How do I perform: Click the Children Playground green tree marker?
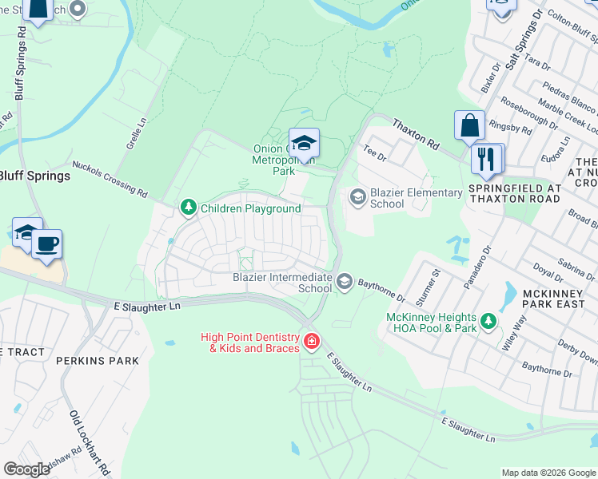click(189, 208)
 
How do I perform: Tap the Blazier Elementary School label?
click(416, 198)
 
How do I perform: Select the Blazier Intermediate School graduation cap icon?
click(345, 280)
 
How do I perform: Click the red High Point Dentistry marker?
click(311, 343)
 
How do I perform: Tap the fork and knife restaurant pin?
click(485, 159)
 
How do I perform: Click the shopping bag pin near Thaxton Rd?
click(469, 126)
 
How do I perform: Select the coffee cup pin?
click(47, 243)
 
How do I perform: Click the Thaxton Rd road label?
click(416, 134)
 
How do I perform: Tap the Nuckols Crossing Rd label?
click(110, 179)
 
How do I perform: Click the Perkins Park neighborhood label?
click(98, 361)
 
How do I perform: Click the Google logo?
click(27, 469)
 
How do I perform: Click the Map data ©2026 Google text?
click(548, 473)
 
